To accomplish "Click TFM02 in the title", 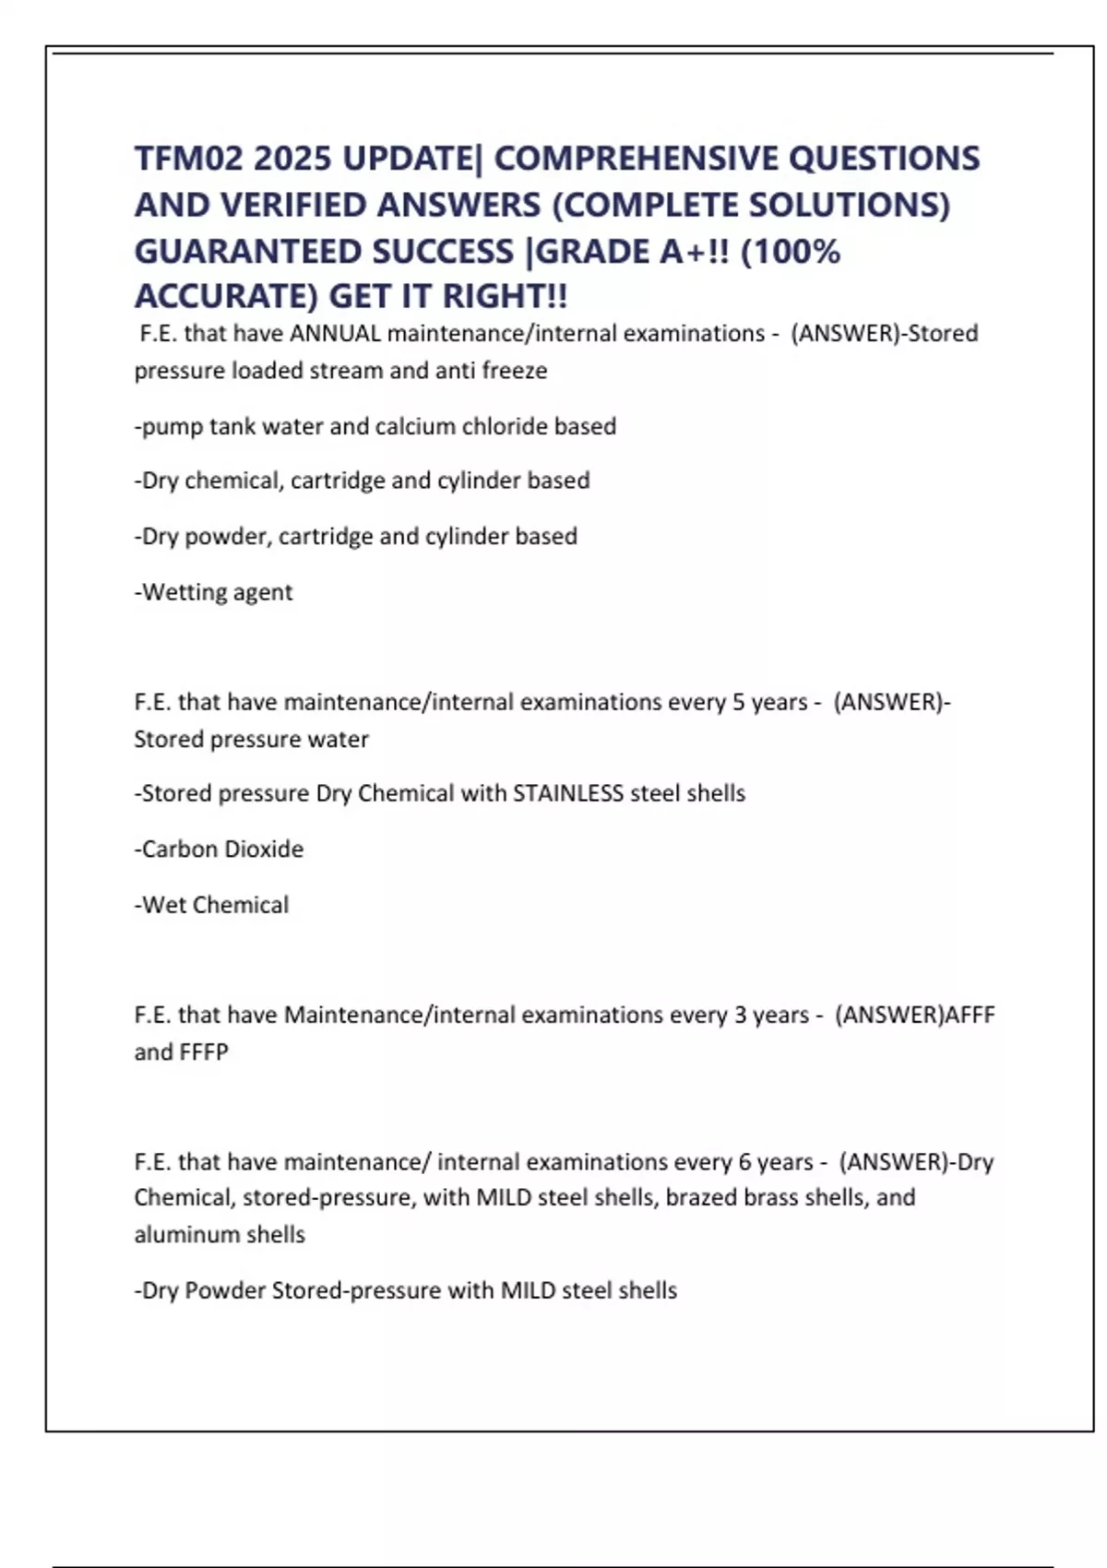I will [188, 159].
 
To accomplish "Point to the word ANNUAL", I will [335, 333].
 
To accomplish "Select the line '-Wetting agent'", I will [213, 592].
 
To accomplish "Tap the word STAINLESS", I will [568, 793].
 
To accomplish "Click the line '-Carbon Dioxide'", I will [219, 849].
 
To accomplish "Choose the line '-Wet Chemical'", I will [211, 905].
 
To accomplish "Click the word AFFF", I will [970, 1015].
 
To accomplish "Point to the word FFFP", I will [204, 1051].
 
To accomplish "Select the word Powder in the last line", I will [225, 1290].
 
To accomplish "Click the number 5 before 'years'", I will [738, 702].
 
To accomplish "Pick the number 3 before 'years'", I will [740, 1015].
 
